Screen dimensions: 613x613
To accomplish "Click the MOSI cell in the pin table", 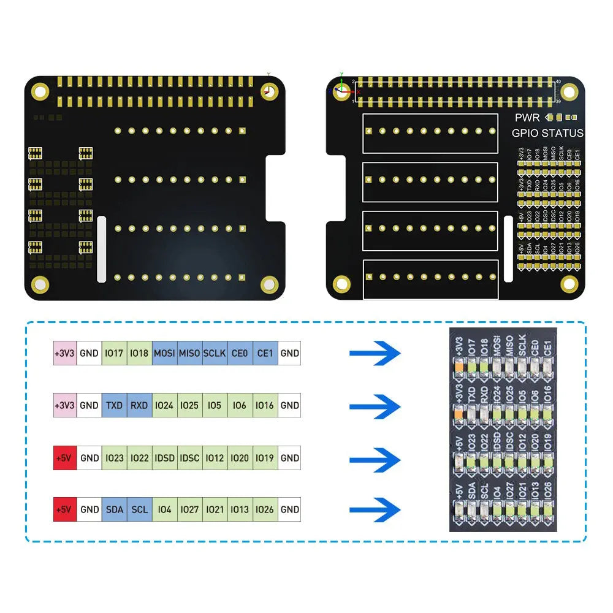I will click(x=164, y=353).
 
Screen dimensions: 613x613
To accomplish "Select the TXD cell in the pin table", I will click(x=115, y=405).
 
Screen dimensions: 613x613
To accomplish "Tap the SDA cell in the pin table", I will click(x=115, y=509).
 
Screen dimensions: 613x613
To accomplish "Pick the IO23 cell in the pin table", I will click(x=115, y=458).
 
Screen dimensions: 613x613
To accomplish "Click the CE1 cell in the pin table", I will click(x=265, y=353).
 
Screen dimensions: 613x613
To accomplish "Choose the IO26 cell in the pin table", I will click(x=265, y=509).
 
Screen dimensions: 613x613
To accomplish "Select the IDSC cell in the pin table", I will click(x=190, y=458).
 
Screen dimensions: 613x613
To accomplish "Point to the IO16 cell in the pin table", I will click(x=265, y=405).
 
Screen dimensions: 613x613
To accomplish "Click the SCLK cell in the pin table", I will click(x=215, y=353).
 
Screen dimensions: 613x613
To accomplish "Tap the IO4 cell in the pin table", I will click(x=164, y=509).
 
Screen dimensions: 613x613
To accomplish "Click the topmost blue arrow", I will click(x=375, y=353).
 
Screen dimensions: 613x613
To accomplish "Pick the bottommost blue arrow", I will click(x=375, y=509).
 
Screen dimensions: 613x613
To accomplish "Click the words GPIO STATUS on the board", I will click(x=547, y=133).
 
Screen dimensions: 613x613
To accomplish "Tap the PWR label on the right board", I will click(x=527, y=117).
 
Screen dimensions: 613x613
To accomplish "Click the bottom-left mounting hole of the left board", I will click(x=40, y=284).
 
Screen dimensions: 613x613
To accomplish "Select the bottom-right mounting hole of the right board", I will click(x=569, y=284).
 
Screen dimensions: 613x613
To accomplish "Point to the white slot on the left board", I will click(x=102, y=248).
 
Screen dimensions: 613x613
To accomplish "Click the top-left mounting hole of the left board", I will click(x=40, y=92).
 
